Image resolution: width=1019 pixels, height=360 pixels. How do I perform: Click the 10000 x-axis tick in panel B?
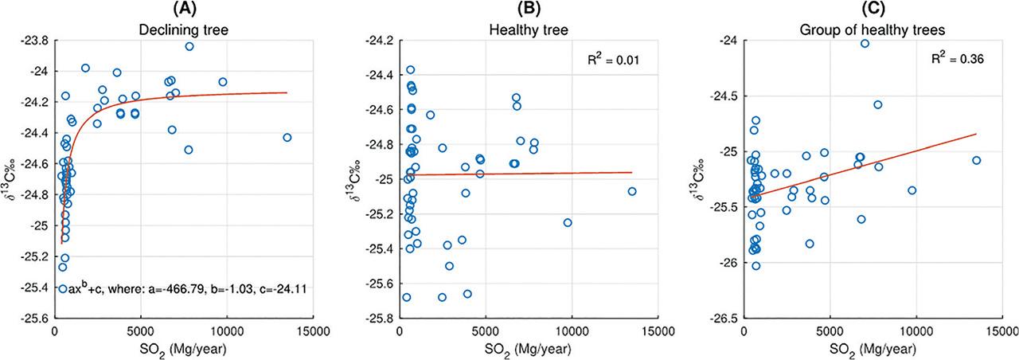(x=572, y=331)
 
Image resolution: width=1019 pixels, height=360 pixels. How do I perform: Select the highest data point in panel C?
(x=865, y=44)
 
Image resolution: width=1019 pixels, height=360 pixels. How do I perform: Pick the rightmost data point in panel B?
(x=632, y=191)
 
